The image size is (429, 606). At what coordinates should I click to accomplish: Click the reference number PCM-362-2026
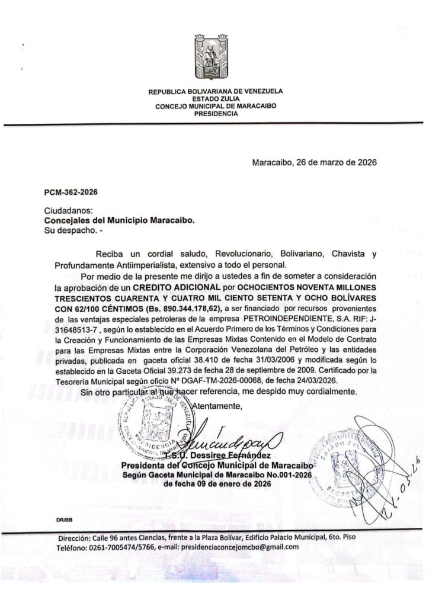pyautogui.click(x=71, y=193)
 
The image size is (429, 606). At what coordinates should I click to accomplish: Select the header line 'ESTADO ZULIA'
pyautogui.click(x=215, y=99)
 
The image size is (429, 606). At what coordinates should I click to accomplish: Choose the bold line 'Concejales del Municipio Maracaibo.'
pyautogui.click(x=120, y=219)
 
